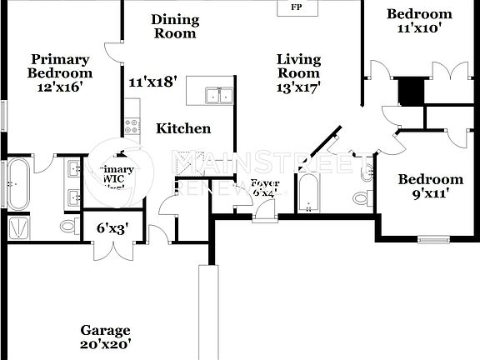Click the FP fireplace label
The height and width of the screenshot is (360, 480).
coord(295,7)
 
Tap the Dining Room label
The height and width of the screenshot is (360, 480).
coord(175,26)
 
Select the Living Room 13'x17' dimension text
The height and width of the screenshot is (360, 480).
coord(299,85)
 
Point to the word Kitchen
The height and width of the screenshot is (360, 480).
coord(183,128)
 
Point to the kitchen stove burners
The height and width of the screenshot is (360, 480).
coord(132,127)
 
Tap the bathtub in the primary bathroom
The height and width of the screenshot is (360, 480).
coord(17,183)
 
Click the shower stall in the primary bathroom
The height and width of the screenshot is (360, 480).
coord(17,227)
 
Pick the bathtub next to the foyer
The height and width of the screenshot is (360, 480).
coord(309,193)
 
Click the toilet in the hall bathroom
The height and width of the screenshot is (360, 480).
coord(361,198)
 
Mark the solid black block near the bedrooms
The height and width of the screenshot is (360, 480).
coord(411,91)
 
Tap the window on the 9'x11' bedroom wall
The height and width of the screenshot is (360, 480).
coord(433,240)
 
